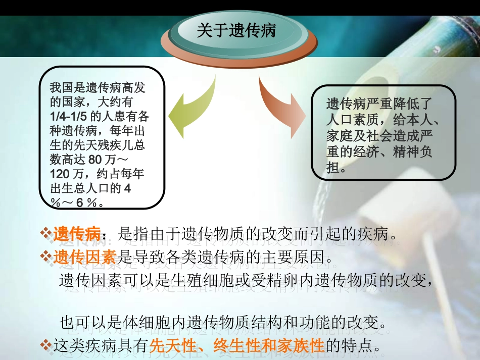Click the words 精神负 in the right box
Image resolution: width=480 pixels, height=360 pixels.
(412, 152)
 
